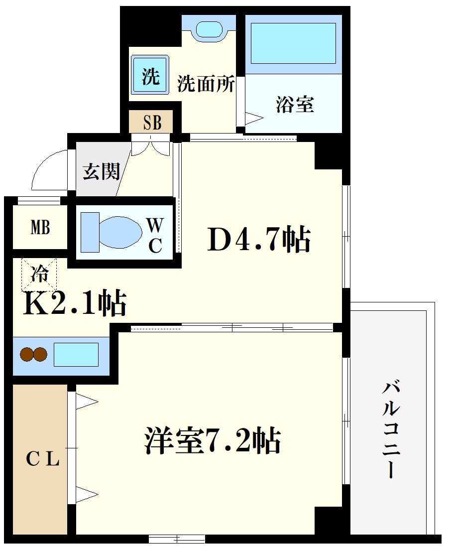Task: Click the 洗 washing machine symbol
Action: point(150,76)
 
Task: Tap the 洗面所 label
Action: point(206,84)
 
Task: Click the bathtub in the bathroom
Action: point(293,43)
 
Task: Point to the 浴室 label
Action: point(295,105)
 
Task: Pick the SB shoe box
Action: point(151,122)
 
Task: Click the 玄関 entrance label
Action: point(101,171)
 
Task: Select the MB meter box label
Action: point(40,228)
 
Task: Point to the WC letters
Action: point(155,235)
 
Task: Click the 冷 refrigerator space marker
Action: point(39,274)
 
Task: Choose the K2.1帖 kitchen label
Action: point(75,303)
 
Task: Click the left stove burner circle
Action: point(26,355)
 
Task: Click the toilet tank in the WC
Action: point(90,232)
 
